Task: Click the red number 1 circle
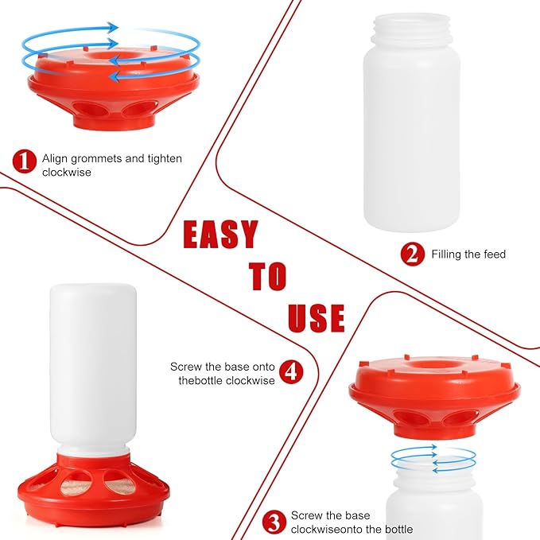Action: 24,161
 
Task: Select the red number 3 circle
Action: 274,523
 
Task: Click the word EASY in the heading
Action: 220,235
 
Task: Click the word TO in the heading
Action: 267,276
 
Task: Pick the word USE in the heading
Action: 316,317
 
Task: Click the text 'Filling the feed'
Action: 468,254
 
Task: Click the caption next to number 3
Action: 352,523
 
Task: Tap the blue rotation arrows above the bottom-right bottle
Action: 434,459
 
